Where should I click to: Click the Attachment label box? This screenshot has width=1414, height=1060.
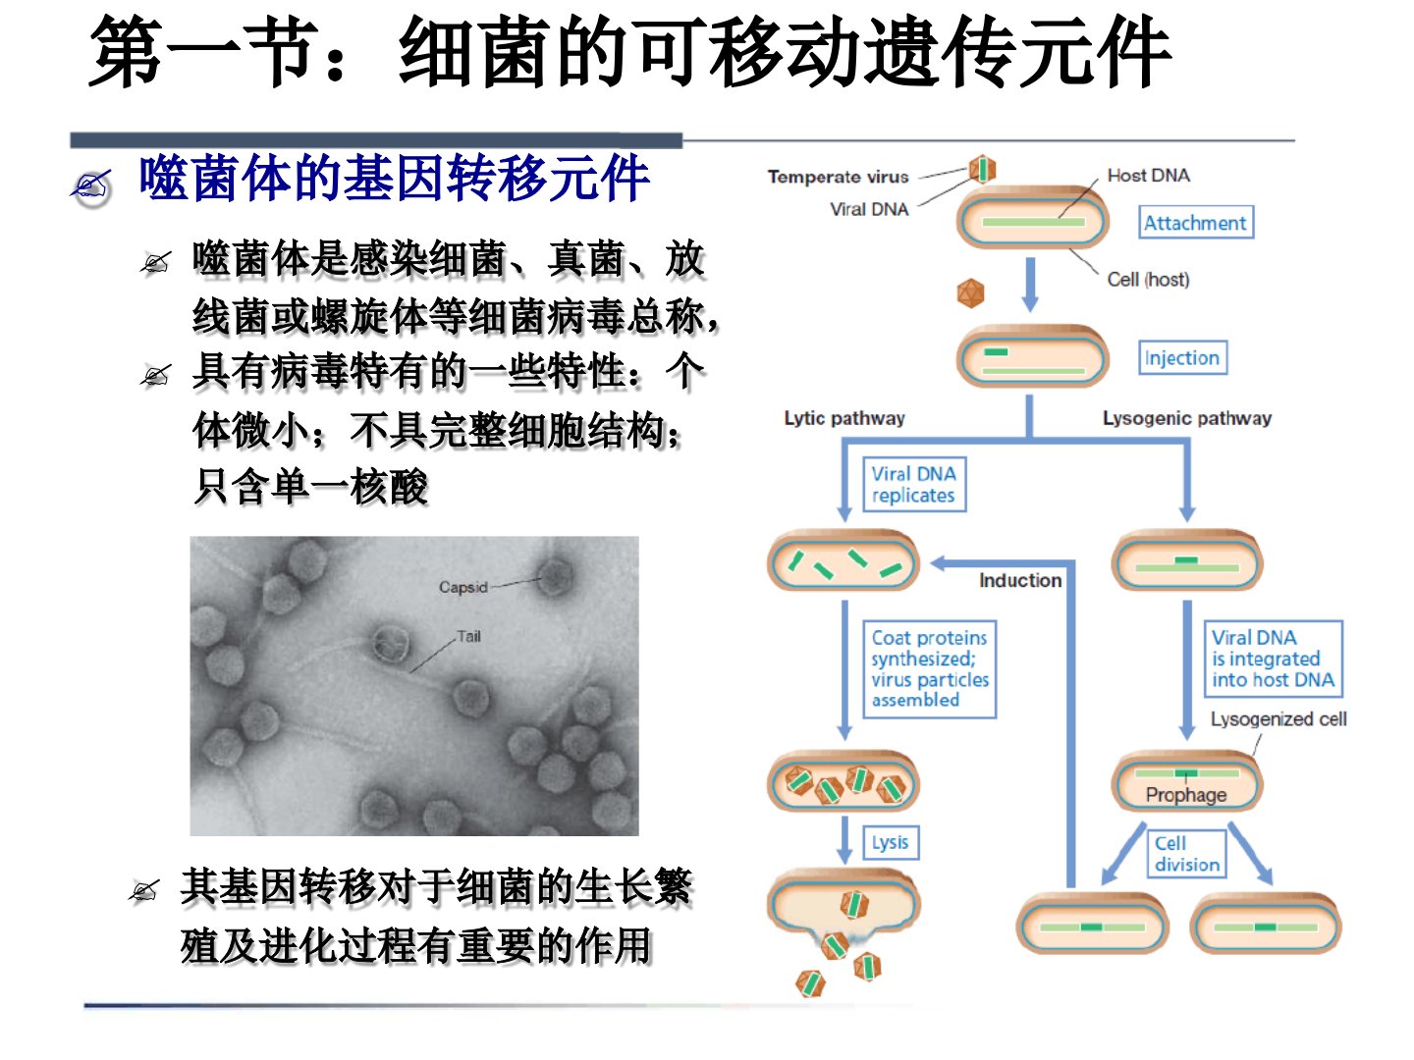tap(1196, 223)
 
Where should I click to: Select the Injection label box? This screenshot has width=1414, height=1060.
tap(1182, 357)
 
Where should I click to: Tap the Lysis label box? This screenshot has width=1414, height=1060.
tap(891, 842)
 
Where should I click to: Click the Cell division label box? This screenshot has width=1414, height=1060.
tap(1186, 854)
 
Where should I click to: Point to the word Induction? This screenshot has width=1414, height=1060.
tap(1020, 580)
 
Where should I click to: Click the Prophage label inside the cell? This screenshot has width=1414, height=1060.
tap(1186, 795)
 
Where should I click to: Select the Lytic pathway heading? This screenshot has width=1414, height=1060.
tap(844, 418)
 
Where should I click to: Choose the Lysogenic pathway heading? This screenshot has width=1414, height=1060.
tap(1187, 418)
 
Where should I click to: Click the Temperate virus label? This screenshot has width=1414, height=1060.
tap(839, 177)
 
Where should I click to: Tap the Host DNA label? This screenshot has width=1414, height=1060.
tap(1149, 175)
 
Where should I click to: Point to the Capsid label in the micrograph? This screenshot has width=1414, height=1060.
tap(463, 587)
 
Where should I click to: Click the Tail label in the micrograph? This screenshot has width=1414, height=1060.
tap(469, 637)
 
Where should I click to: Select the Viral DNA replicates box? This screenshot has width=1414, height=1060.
tap(914, 485)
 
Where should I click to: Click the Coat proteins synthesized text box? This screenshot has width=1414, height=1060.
tap(930, 668)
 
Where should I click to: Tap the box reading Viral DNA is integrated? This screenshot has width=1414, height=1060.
tap(1274, 659)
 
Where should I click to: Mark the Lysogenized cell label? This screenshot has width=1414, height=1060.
tap(1278, 718)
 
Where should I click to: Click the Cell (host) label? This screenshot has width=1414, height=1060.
tap(1149, 280)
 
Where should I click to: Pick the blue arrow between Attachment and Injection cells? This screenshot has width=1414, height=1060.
tap(1030, 285)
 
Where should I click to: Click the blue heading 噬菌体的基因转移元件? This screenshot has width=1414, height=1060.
tap(394, 179)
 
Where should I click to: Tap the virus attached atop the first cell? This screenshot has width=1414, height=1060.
tap(982, 169)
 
